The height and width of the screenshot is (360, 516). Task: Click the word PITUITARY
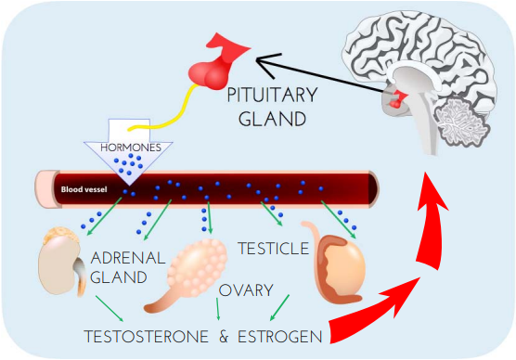pos(272,96)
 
